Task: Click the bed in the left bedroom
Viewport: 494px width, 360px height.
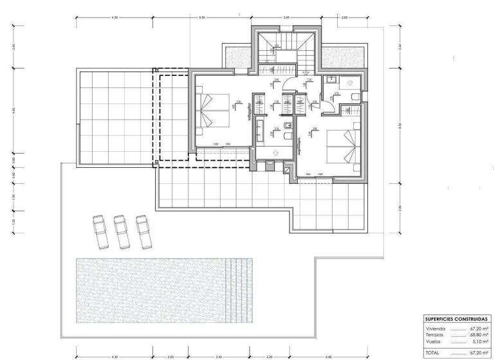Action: coord(212,110)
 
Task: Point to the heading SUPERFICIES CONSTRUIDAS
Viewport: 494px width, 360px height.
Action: coord(456,319)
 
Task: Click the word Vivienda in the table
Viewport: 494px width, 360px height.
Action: coord(435,328)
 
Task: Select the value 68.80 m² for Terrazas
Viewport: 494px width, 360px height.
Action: coord(477,334)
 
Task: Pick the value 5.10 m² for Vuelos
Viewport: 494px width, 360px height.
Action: coord(478,341)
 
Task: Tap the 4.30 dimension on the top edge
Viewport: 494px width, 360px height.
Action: coord(115,18)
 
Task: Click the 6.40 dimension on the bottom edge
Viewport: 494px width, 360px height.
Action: coord(329,355)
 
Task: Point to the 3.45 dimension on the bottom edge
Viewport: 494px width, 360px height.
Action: coord(219,355)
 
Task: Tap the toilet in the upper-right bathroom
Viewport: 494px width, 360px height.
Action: coord(356,96)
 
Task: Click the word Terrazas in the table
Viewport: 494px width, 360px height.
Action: coord(435,334)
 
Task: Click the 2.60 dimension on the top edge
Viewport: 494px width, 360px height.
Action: coord(344,18)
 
